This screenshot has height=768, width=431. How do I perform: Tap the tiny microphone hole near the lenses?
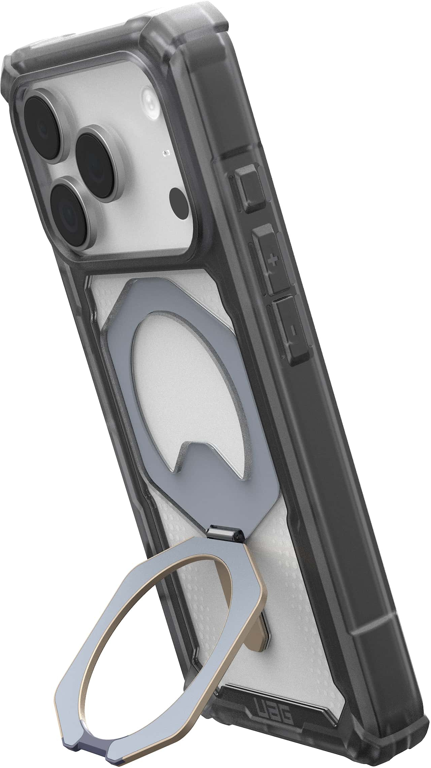pos(165,154)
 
